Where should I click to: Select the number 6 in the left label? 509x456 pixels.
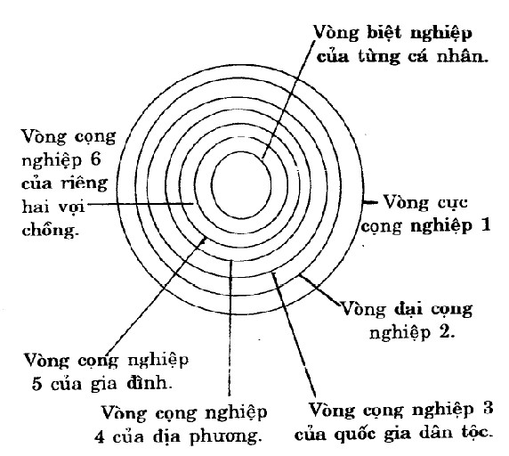coord(95,159)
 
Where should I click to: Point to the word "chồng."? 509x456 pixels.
coord(51,231)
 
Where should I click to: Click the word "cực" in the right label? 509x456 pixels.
coord(448,203)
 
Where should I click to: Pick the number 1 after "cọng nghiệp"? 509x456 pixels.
coord(485,224)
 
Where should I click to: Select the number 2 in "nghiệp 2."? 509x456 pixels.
coord(444,331)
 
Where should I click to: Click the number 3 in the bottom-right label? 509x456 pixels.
coord(488,408)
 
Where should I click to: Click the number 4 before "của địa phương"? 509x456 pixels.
coord(100,436)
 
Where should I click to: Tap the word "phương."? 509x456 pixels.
coord(226,437)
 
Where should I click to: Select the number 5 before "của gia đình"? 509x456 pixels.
coord(36,384)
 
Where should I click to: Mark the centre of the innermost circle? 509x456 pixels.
coord(241,185)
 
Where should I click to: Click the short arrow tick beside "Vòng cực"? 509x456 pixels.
coord(370,202)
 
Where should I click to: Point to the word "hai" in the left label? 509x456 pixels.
coord(33,207)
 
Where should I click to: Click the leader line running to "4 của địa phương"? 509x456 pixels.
coord(230,328)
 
